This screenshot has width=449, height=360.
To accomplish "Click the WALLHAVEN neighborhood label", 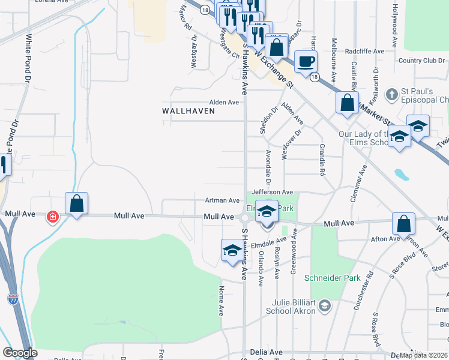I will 188,111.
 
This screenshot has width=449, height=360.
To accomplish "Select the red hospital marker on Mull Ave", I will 53,216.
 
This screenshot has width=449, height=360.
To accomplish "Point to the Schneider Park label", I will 325,278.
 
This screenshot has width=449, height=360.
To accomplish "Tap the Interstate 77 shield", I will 13,298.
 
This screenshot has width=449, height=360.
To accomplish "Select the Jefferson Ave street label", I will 276,192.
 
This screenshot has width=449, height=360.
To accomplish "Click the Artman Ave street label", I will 222,200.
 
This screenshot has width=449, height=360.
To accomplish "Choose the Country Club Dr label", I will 421,61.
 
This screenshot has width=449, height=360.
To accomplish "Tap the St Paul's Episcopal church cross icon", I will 391,94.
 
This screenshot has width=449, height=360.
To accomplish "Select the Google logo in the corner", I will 20,353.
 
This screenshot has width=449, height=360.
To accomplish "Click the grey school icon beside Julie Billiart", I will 325,307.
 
